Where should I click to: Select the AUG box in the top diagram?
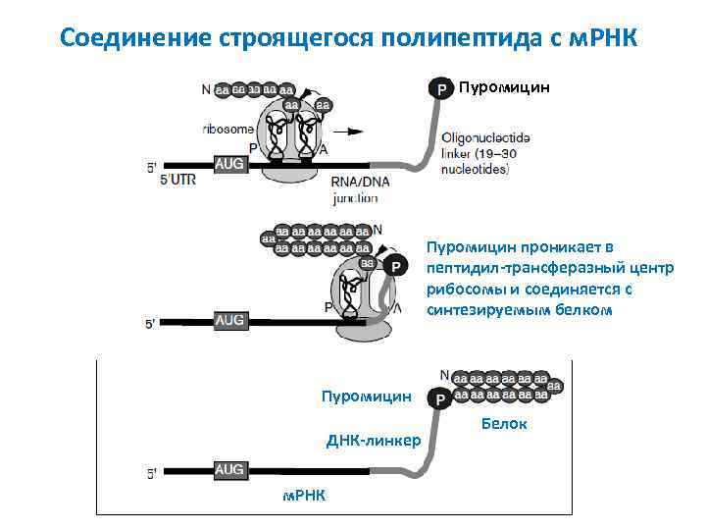click(x=229, y=165)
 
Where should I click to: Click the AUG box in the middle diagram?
click(x=229, y=320)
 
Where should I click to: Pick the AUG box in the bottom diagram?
click(x=229, y=470)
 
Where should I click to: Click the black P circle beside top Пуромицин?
click(x=440, y=89)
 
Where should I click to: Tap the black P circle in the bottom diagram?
click(x=441, y=398)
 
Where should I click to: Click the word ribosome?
click(x=227, y=128)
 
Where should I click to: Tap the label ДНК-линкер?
click(x=374, y=441)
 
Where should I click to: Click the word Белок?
click(x=504, y=424)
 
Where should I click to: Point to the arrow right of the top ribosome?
click(x=350, y=130)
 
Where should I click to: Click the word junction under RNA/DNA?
click(x=355, y=197)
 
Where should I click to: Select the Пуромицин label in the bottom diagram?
click(x=367, y=397)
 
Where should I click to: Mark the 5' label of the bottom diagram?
click(x=152, y=474)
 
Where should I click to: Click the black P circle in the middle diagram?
click(x=394, y=266)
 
